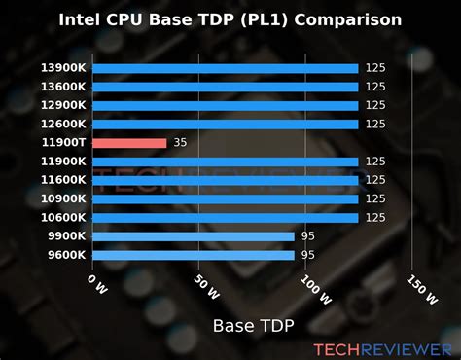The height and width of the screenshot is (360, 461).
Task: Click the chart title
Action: tap(230, 18)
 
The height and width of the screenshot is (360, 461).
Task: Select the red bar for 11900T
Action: tap(129, 143)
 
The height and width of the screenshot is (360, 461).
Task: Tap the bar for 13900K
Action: tap(226, 68)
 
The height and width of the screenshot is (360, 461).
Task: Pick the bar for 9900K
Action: tap(193, 236)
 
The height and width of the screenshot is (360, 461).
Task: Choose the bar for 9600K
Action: tap(193, 255)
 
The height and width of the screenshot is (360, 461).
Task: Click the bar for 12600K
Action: tap(226, 125)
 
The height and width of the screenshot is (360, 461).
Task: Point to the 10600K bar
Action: tap(226, 218)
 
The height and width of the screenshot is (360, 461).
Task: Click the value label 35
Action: tap(181, 143)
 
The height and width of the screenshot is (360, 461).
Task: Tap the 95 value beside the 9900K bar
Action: tap(308, 236)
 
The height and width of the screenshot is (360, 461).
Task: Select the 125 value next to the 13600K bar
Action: tap(375, 87)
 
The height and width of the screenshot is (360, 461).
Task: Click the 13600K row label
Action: tap(63, 87)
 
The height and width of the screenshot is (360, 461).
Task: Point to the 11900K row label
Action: tap(63, 162)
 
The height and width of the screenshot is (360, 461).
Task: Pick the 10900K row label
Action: tap(63, 199)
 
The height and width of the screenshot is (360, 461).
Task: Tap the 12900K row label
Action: tap(63, 106)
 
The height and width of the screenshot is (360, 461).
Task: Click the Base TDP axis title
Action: tap(252, 325)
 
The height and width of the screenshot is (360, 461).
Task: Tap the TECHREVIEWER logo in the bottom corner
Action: tap(382, 347)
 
